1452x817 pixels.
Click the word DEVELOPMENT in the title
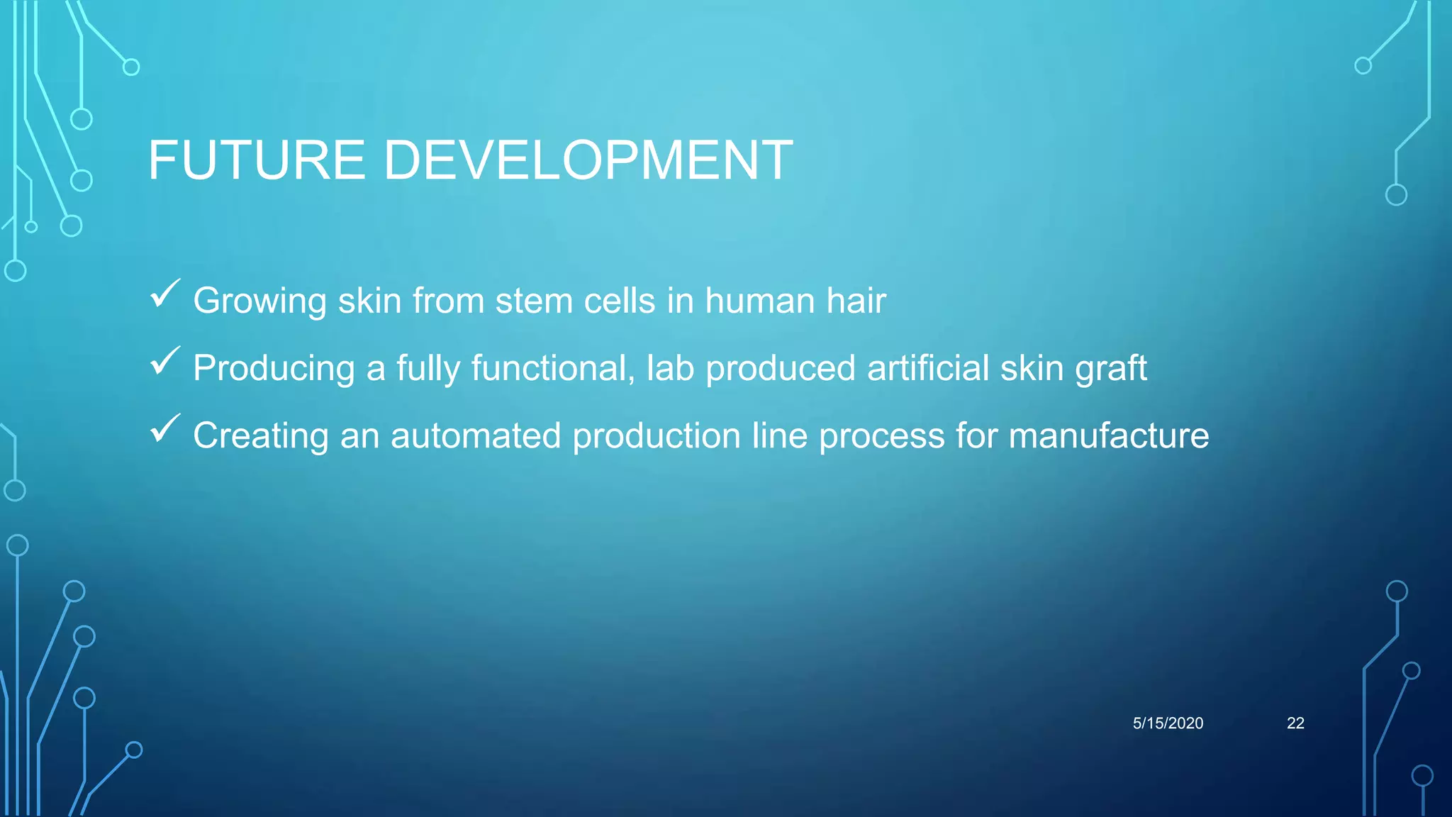click(588, 160)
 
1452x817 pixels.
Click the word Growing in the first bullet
click(259, 301)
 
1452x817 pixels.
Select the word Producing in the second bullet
click(274, 369)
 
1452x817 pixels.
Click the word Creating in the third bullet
click(260, 436)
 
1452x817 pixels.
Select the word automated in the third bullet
click(476, 435)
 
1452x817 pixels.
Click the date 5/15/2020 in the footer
click(1168, 723)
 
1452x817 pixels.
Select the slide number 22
click(1295, 723)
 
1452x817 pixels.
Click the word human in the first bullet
click(759, 301)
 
